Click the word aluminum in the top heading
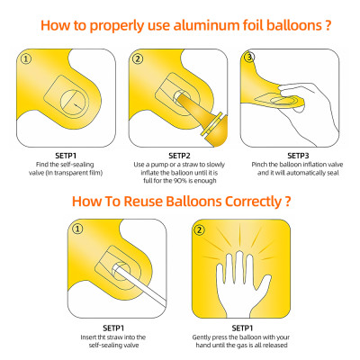tap(206, 25)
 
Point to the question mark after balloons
tap(328, 25)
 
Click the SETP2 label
tap(180, 156)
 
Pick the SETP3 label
tap(298, 156)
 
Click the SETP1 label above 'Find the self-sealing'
tap(66, 156)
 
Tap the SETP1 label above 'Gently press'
tap(242, 328)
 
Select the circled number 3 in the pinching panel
tap(249, 57)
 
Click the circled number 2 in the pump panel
tap(138, 59)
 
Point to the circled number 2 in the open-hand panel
tap(200, 230)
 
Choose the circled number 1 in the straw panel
tap(77, 229)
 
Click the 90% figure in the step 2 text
tap(177, 181)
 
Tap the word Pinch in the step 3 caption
tap(259, 165)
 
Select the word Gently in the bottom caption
tap(202, 337)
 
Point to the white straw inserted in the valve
tap(140, 283)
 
